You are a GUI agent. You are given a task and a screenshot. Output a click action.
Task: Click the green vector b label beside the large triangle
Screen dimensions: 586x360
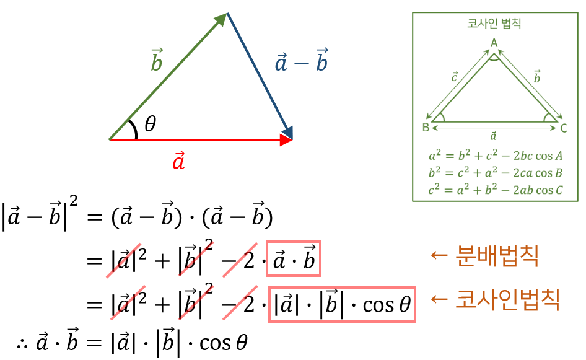click(x=156, y=61)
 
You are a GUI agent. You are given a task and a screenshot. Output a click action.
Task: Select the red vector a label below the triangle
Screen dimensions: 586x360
click(x=179, y=161)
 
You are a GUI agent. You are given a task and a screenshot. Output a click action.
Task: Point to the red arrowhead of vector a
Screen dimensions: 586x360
click(x=286, y=140)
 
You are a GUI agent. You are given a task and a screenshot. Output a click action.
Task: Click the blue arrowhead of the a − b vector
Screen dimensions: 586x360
click(x=287, y=131)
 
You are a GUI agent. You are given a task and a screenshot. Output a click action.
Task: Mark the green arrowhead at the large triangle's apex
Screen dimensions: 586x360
click(x=221, y=19)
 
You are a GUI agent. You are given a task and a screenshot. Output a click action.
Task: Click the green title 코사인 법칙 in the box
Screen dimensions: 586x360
click(x=494, y=25)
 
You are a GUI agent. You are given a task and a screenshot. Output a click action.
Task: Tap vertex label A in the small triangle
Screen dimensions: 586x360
click(x=494, y=42)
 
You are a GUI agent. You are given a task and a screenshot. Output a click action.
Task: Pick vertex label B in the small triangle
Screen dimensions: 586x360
click(x=426, y=128)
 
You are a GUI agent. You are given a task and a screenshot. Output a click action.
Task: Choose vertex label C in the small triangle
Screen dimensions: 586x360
click(x=563, y=128)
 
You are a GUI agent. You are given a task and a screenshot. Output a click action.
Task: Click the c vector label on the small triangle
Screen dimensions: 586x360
click(x=454, y=77)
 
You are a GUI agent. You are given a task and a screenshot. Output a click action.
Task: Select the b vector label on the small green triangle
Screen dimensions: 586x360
click(x=536, y=77)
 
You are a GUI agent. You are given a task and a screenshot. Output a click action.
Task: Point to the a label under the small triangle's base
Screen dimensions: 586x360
click(x=494, y=136)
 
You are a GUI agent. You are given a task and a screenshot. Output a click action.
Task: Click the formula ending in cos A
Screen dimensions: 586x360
click(x=495, y=156)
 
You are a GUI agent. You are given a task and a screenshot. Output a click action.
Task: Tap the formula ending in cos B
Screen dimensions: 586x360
click(x=495, y=172)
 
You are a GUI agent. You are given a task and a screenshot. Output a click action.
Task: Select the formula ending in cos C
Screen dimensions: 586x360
click(x=495, y=190)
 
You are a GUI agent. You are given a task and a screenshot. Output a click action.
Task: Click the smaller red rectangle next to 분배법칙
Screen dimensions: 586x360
click(x=294, y=258)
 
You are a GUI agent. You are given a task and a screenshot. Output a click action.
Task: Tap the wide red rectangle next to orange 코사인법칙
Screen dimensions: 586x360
click(x=342, y=304)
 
